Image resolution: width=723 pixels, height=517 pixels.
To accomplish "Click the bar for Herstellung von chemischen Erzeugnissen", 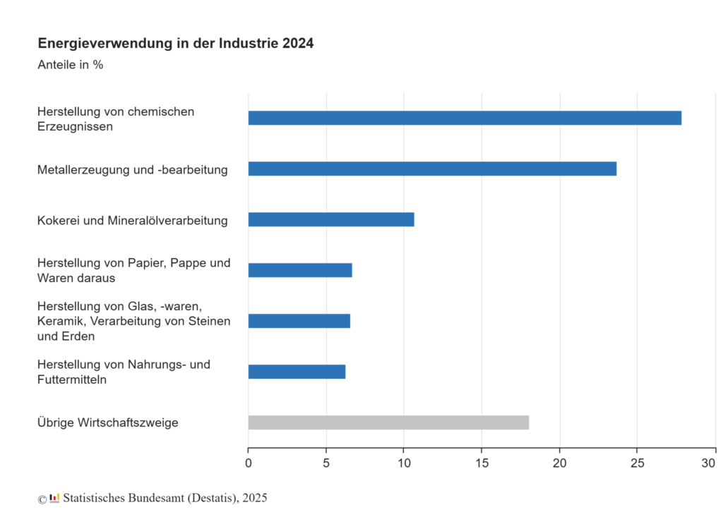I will [465, 118].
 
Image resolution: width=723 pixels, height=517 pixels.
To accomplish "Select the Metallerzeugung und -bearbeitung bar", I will [432, 169].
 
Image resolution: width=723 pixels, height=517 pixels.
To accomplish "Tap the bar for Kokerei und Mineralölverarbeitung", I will [331, 219].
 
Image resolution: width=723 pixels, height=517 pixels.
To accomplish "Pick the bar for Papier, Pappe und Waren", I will [300, 270].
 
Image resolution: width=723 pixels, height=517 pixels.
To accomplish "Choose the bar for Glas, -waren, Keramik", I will [299, 321].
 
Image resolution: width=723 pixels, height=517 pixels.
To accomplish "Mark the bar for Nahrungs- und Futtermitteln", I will [297, 372].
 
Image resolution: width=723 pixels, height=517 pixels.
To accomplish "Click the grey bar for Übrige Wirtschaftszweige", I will [388, 422].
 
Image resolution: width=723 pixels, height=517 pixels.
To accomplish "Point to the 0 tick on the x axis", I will [249, 463].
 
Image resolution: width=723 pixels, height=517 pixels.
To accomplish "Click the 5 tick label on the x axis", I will [326, 463].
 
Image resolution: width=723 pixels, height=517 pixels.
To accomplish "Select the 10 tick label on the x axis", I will [404, 463].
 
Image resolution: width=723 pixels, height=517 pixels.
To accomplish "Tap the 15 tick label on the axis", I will [482, 463].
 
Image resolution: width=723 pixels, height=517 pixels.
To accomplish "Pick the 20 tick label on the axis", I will [559, 463].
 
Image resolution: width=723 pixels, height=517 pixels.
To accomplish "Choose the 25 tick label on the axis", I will [637, 463].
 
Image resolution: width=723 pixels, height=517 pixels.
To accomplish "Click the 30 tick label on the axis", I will [709, 463].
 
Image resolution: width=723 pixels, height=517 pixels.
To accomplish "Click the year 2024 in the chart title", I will [298, 44].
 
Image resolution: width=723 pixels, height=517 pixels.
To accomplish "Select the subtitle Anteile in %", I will [70, 65].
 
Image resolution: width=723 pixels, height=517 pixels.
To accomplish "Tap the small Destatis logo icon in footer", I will [54, 498].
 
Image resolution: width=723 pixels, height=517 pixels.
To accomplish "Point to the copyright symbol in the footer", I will [42, 499].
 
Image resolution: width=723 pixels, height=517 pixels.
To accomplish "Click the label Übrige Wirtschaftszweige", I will [107, 422].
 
